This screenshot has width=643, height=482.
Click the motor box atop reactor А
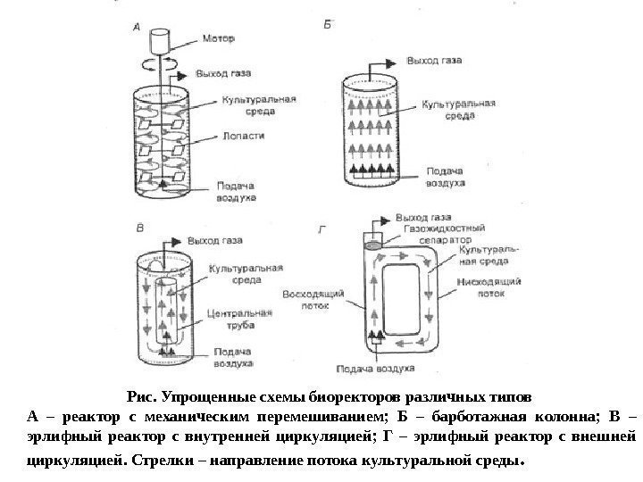tap(161, 39)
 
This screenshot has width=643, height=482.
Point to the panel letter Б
tap(327, 27)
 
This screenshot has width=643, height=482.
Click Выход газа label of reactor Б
tap(434, 61)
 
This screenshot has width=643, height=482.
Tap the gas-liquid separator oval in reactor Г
tap(372, 241)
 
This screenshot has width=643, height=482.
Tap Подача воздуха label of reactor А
tap(238, 191)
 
